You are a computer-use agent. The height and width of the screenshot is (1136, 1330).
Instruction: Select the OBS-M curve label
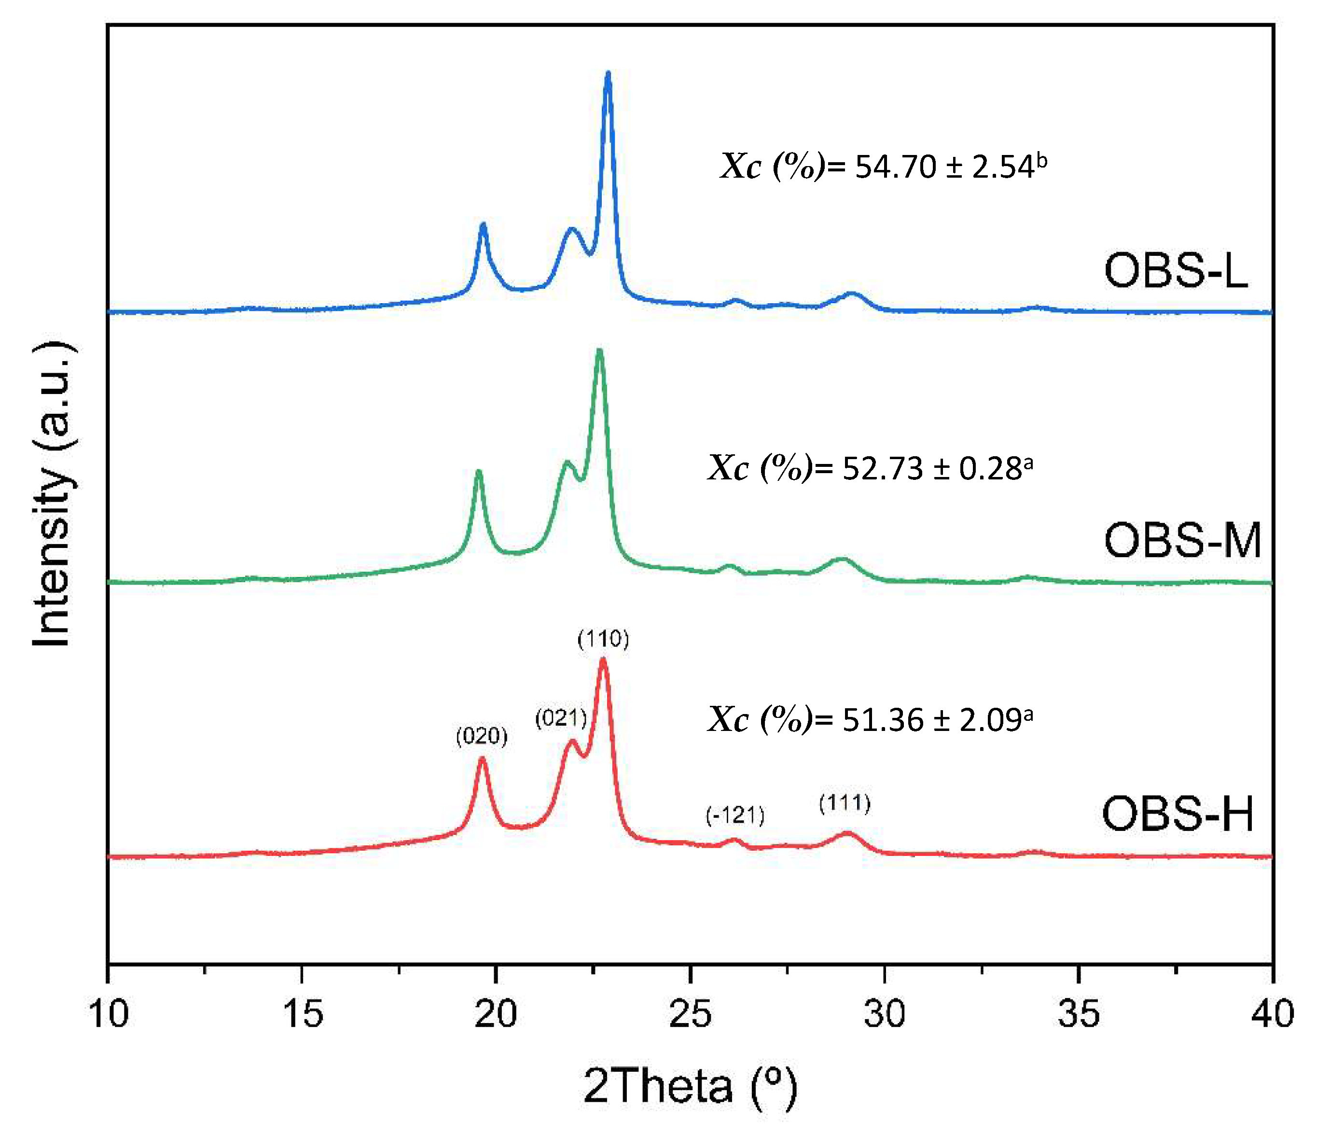[x=1182, y=541]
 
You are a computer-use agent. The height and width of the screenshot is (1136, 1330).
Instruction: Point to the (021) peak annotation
[x=560, y=718]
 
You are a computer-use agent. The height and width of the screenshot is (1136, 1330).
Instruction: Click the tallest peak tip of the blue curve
[x=608, y=74]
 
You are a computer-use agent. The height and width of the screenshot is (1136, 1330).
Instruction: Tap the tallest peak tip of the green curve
[x=599, y=351]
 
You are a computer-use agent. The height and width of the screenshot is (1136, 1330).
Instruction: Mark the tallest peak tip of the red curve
[x=603, y=659]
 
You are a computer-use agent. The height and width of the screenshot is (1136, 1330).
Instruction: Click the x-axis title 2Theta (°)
[x=690, y=1087]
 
